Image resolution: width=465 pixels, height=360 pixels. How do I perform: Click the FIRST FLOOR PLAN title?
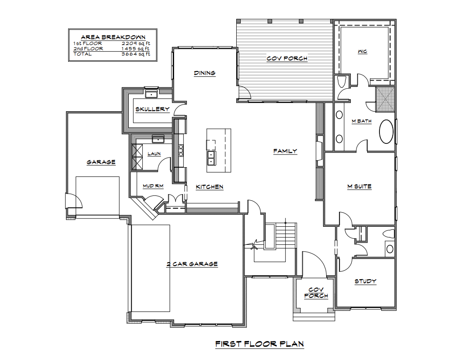(x=260, y=344)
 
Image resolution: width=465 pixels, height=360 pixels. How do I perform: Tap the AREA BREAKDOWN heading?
(x=113, y=37)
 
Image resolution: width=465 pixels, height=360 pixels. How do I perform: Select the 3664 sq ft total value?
(x=136, y=54)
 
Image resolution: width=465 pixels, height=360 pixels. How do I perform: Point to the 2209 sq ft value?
(x=136, y=43)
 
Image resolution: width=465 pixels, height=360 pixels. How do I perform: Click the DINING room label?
(x=205, y=73)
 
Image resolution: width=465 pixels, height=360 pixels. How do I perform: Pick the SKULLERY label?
(x=153, y=109)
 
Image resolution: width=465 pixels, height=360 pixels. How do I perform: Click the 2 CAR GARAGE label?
(x=192, y=264)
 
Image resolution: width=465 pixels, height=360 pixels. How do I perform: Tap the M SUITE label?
(x=359, y=186)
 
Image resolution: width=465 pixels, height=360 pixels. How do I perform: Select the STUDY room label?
(x=365, y=281)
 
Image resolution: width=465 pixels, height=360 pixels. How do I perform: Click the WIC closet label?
(x=362, y=52)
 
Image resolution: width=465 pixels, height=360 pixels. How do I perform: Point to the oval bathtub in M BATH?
(x=387, y=131)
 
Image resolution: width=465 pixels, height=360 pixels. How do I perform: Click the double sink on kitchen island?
(x=211, y=158)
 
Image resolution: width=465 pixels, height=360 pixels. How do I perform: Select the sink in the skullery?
(x=151, y=94)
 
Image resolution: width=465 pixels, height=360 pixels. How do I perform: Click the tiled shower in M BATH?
(x=385, y=99)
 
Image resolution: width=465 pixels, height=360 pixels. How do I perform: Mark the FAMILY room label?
(x=285, y=151)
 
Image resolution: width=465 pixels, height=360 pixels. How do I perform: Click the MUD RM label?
(x=153, y=186)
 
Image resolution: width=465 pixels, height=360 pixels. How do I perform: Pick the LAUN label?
(x=154, y=154)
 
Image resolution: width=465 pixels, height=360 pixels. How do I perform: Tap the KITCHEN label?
(x=209, y=187)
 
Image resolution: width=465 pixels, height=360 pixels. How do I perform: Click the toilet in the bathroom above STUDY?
(x=388, y=233)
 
